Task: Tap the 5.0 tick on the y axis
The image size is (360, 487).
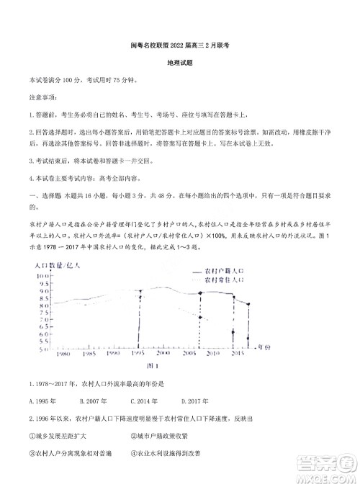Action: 43,349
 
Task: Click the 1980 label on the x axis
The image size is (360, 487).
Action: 62,355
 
